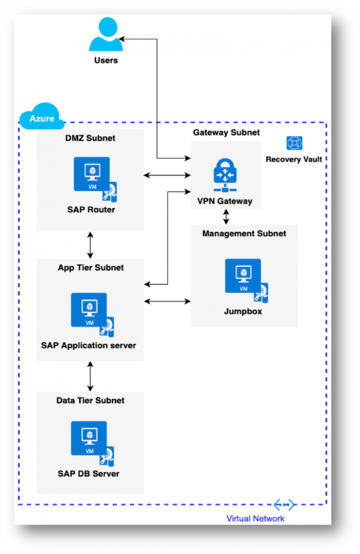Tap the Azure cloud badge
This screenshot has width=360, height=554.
tap(42, 116)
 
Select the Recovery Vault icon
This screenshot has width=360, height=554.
tap(294, 143)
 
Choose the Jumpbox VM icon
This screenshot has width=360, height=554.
tap(247, 281)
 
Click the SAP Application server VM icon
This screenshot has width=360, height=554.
tap(92, 314)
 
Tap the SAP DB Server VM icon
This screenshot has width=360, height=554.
tap(92, 443)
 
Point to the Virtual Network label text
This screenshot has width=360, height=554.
tap(255, 518)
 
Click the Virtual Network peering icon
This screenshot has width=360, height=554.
tap(284, 505)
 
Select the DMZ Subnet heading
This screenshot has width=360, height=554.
tap(90, 138)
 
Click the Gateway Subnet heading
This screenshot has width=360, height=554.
tap(226, 132)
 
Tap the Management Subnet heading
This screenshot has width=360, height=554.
tap(244, 234)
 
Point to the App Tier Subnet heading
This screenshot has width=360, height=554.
tap(91, 268)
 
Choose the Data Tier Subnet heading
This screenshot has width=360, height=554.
tap(90, 400)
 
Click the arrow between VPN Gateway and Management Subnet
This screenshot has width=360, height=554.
tap(226, 217)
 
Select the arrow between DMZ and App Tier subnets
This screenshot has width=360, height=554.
tap(90, 245)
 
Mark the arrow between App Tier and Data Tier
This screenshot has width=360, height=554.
tap(90, 376)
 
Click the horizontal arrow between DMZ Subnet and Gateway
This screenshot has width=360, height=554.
tap(167, 175)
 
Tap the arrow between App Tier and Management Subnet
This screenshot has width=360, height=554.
tap(167, 301)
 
